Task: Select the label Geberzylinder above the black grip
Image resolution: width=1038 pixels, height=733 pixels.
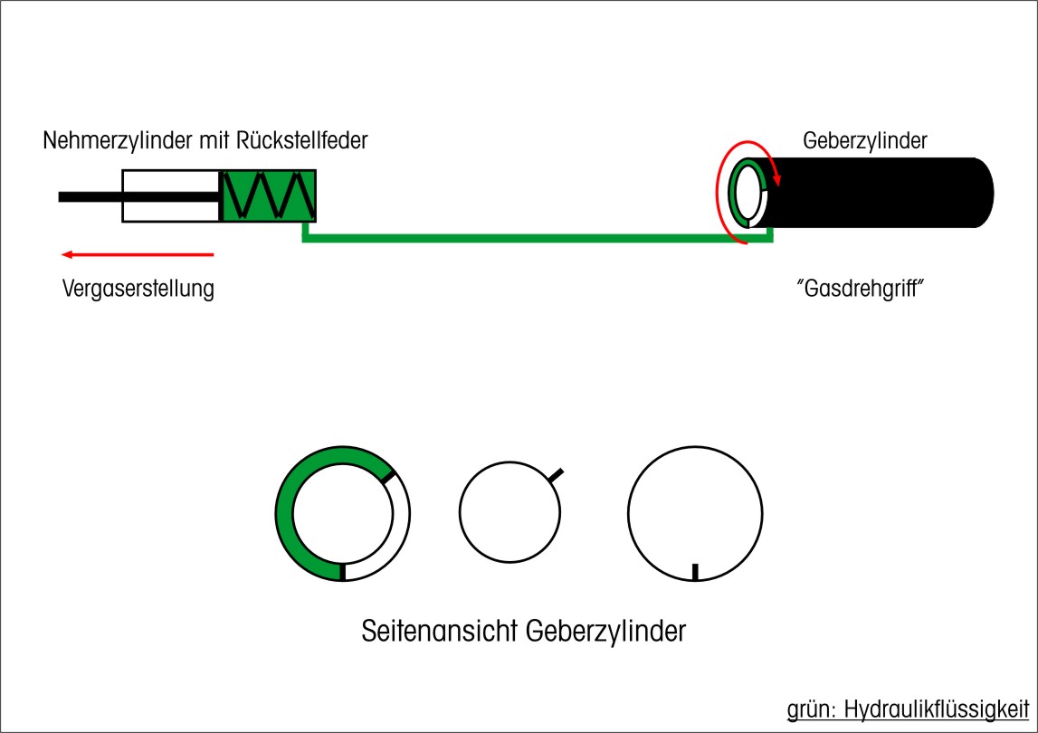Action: coord(864,141)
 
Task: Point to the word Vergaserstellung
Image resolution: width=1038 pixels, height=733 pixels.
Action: coord(138,290)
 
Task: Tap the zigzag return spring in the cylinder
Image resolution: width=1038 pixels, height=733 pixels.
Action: coord(269,195)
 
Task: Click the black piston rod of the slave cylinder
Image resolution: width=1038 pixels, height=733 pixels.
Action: coord(90,196)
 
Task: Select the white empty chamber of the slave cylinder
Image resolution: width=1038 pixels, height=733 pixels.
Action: coord(171,195)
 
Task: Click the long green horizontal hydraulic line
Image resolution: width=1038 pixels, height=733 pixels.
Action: coord(534,239)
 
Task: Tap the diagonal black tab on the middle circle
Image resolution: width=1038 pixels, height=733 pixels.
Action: coord(557,475)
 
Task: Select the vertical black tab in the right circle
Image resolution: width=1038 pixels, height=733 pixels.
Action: coord(695,571)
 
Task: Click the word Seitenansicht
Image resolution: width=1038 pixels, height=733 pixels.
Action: coord(438,631)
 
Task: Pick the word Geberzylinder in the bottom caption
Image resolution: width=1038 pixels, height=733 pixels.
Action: coord(605,631)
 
